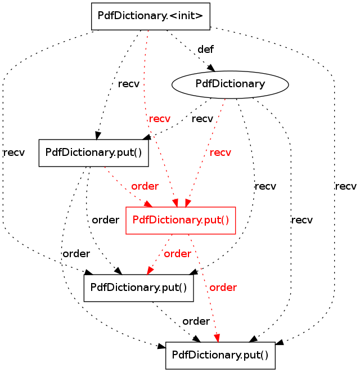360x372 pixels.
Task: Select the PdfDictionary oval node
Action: [x=229, y=84]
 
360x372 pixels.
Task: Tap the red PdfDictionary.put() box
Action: [x=180, y=220]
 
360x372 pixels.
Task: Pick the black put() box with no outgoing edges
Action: [x=220, y=355]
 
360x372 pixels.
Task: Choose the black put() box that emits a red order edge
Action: [x=93, y=153]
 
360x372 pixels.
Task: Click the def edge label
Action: [x=205, y=50]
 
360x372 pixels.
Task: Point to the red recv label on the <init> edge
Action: [x=159, y=119]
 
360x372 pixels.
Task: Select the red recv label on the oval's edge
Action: [x=220, y=152]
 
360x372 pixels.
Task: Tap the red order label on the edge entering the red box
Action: [x=145, y=186]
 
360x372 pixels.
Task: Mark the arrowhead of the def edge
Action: [x=213, y=69]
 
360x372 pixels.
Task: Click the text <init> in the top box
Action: [x=182, y=16]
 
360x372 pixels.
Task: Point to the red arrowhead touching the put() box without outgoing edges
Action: [x=217, y=337]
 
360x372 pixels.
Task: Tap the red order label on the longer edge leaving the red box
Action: [x=223, y=288]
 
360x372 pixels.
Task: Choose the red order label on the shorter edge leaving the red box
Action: [x=177, y=254]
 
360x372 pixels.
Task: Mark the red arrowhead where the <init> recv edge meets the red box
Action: [x=175, y=203]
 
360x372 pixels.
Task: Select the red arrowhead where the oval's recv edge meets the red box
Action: [x=188, y=203]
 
